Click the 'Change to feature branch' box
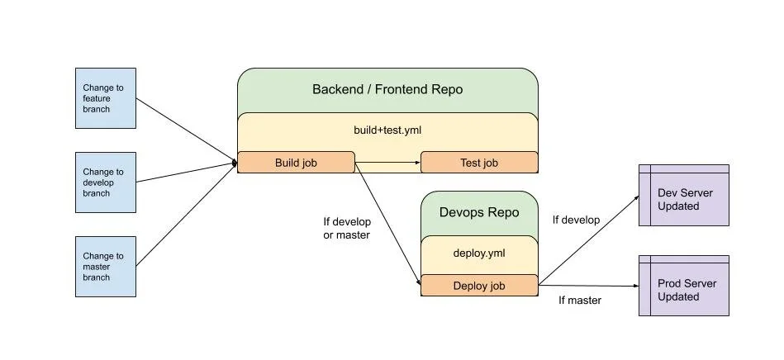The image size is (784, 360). [x=106, y=98]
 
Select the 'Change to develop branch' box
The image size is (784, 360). [x=106, y=182]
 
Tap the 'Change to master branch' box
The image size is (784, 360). [x=106, y=267]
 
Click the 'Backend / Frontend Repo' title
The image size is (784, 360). [x=387, y=89]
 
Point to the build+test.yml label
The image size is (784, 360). [x=387, y=130]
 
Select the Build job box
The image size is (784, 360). [x=296, y=163]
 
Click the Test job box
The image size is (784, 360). [x=479, y=163]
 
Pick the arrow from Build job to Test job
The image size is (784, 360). [x=387, y=163]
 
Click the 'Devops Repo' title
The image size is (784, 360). [x=479, y=212]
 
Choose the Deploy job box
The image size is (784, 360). [x=479, y=286]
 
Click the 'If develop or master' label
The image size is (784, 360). [x=347, y=228]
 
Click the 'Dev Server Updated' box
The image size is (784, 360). [x=684, y=199]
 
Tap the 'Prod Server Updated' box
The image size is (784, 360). [x=684, y=289]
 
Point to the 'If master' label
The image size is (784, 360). [x=580, y=301]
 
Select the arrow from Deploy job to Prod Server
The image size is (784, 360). [x=588, y=286]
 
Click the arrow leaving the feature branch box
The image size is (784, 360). [x=187, y=130]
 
